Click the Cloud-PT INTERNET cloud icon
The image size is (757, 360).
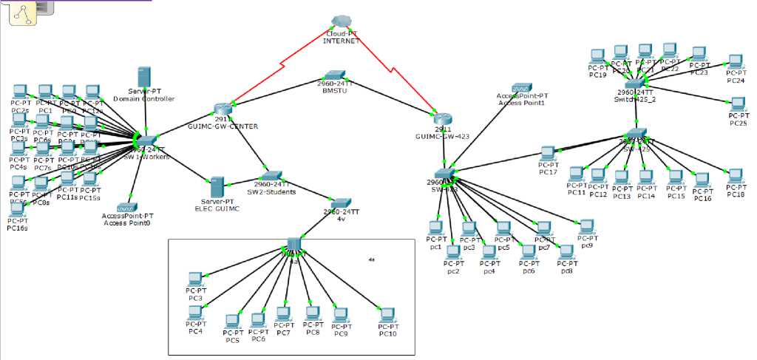pos(341,21)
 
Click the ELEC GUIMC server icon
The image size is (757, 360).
pos(217,186)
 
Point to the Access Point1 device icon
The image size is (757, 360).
pos(521,88)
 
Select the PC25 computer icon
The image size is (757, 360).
pos(738,104)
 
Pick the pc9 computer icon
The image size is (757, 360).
pos(586,225)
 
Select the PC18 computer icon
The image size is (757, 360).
pos(735,176)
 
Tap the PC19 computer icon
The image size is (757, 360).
pos(597,55)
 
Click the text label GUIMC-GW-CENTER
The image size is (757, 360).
pos(223,126)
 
